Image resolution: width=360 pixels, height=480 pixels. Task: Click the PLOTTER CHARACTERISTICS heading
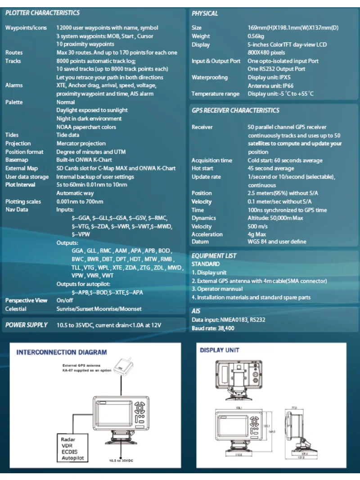pyautogui.click(x=42, y=13)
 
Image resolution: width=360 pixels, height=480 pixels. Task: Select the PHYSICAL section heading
pyautogui.click(x=205, y=13)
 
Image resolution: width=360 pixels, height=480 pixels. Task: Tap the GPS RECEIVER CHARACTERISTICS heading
pyautogui.click(x=235, y=110)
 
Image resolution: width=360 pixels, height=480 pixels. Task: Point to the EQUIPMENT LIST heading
pyautogui.click(x=214, y=256)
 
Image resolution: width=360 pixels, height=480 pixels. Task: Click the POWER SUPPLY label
pyautogui.click(x=26, y=325)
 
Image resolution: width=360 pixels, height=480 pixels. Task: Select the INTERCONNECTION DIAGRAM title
pyautogui.click(x=62, y=352)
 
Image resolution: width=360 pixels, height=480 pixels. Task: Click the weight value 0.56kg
pyautogui.click(x=256, y=36)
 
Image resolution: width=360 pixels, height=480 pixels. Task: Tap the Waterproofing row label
pyautogui.click(x=210, y=77)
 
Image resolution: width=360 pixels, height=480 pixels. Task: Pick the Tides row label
pyautogui.click(x=12, y=135)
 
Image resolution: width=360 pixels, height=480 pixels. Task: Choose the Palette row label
pyautogui.click(x=14, y=102)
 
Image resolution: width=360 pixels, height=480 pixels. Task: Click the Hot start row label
pyautogui.click(x=202, y=169)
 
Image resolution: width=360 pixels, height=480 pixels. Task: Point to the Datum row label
pyautogui.click(x=200, y=242)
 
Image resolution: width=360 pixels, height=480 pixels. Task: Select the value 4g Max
pyautogui.click(x=257, y=234)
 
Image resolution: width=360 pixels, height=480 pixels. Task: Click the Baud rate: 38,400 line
pyautogui.click(x=213, y=328)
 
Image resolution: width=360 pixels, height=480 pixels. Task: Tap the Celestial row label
pyautogui.click(x=16, y=309)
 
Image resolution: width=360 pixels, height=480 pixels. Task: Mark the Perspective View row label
pyautogui.click(x=26, y=301)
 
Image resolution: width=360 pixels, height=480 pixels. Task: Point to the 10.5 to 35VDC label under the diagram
pyautogui.click(x=121, y=461)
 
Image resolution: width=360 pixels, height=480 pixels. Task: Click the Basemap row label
pyautogui.click(x=17, y=160)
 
